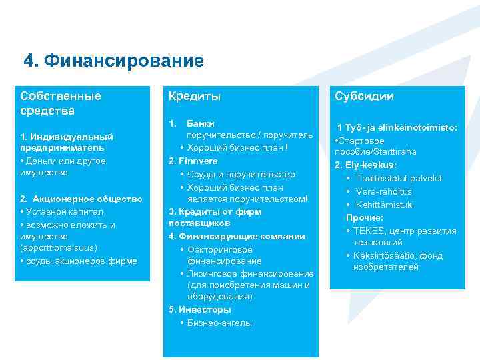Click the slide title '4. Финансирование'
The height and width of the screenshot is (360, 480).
click(x=113, y=61)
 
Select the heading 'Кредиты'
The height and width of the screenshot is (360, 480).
click(x=194, y=97)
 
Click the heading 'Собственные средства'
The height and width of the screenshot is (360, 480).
click(x=61, y=103)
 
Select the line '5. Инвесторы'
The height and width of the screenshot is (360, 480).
click(x=200, y=310)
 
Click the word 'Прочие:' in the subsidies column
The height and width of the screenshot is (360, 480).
click(x=365, y=217)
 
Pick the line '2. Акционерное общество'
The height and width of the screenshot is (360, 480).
click(x=81, y=199)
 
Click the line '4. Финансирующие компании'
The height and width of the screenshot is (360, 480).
click(x=237, y=236)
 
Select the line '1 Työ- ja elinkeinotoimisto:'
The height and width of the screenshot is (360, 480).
click(x=397, y=127)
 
